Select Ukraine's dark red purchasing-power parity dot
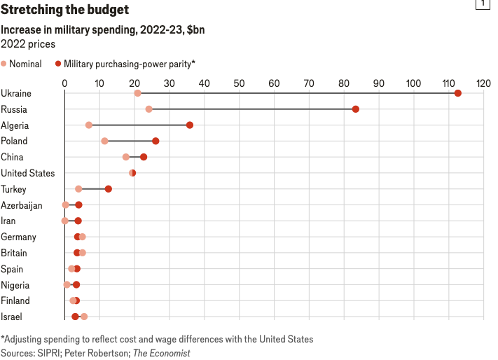(x=458, y=93)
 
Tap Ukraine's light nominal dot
(x=137, y=93)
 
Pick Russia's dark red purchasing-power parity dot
(x=356, y=109)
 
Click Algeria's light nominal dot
(x=89, y=125)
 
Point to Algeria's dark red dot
(x=190, y=125)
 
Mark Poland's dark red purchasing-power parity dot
(x=155, y=141)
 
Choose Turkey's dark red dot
(x=109, y=189)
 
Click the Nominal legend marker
(x=4, y=64)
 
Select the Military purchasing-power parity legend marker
(x=58, y=64)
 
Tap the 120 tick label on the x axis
(x=483, y=83)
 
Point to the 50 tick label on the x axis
(x=239, y=83)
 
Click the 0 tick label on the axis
(x=64, y=83)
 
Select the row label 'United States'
(x=27, y=173)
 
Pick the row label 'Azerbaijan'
(x=22, y=205)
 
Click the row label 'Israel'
(x=11, y=317)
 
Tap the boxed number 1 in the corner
(x=483, y=5)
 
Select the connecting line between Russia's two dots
(x=252, y=109)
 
